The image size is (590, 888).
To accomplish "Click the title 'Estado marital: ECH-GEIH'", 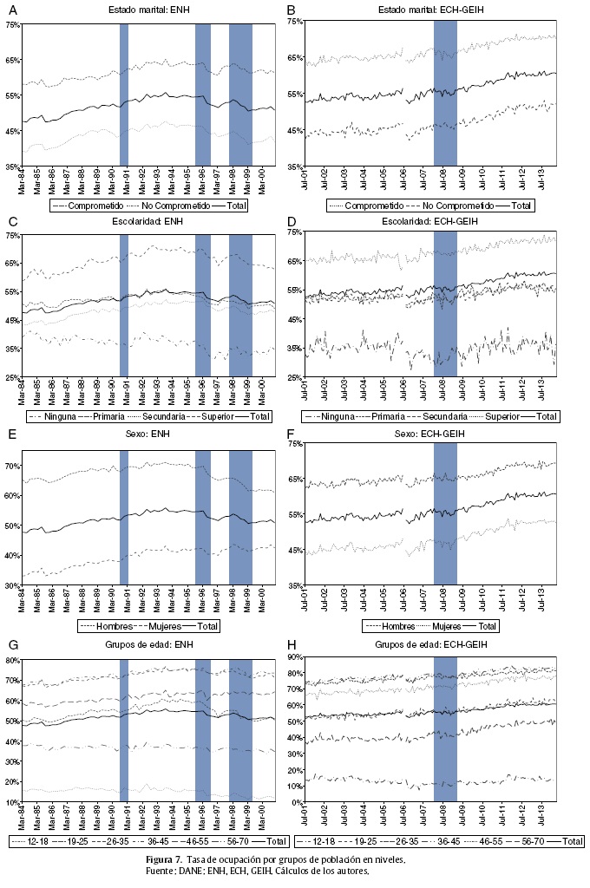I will (x=444, y=10).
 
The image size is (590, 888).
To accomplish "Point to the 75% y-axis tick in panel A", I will (x=13, y=25).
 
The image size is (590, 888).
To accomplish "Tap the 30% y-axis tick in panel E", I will (x=13, y=586).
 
